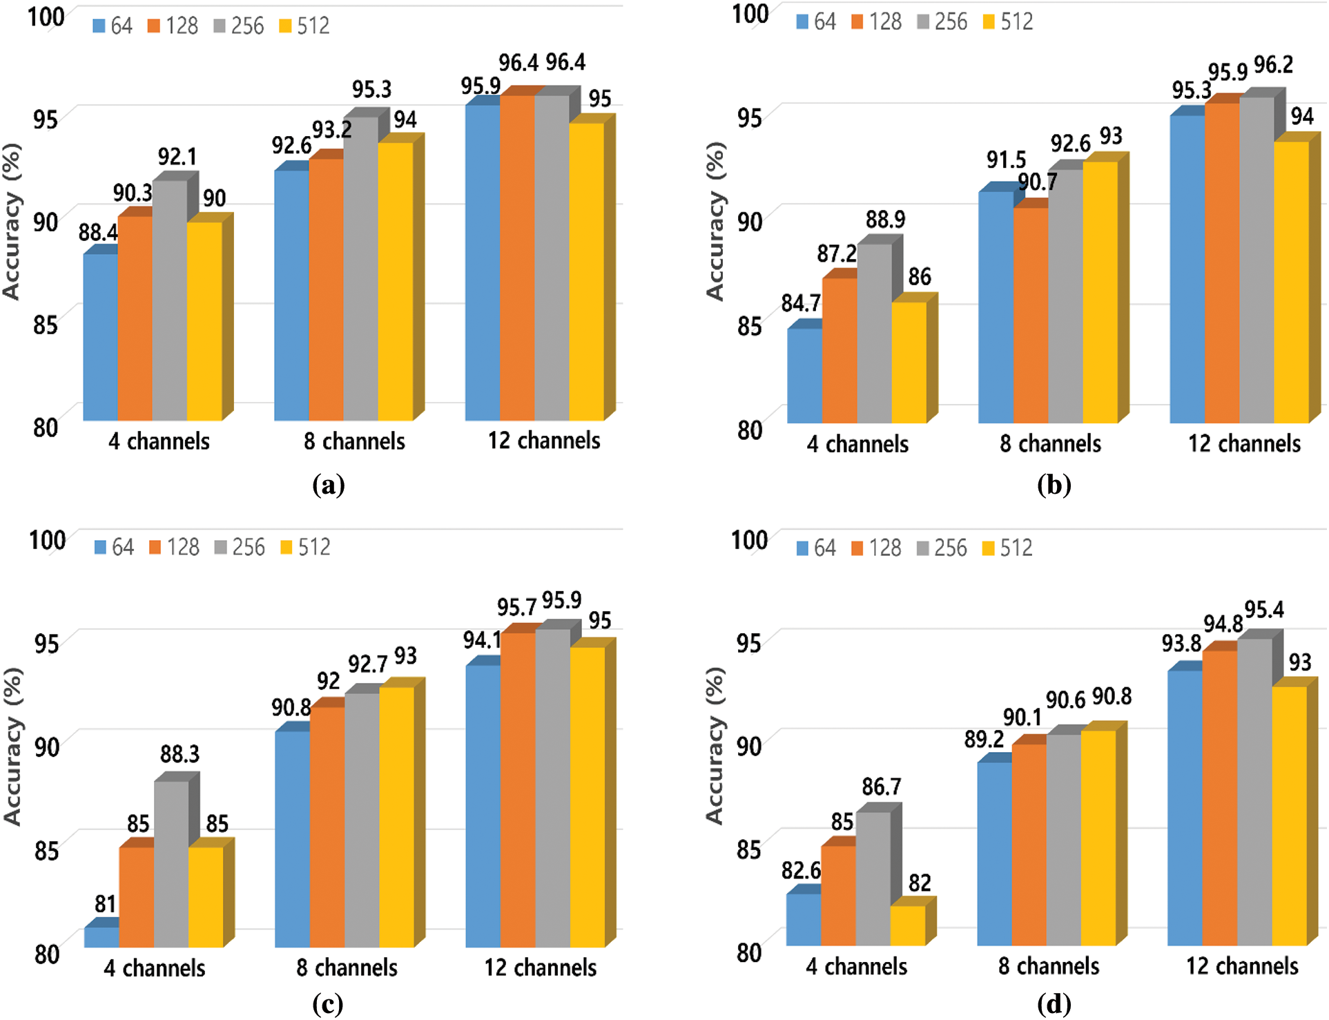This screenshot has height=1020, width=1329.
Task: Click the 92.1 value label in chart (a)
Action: point(177,157)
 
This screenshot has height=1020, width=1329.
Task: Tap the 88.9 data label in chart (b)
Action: point(885,220)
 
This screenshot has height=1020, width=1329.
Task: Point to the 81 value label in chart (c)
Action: point(105,903)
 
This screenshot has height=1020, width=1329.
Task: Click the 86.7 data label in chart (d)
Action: point(881,787)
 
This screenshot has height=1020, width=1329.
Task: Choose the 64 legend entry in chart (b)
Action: point(816,22)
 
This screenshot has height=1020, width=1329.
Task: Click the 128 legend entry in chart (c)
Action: point(174,548)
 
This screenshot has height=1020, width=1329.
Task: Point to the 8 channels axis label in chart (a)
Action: point(354,441)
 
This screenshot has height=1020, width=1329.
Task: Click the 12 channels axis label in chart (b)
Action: point(1244,443)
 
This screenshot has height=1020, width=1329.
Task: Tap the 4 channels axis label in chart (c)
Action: point(155,968)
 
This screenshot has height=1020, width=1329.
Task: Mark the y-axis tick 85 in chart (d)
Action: point(749,849)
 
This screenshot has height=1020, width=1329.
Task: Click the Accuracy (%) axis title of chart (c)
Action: point(12,747)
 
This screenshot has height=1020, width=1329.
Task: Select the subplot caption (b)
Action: point(1054,485)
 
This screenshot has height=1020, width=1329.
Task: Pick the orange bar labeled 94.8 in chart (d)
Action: point(1220,798)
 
